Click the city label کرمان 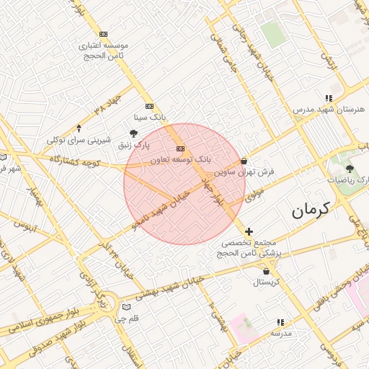click(310, 211)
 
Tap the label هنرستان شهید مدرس click(329, 109)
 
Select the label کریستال click(267, 282)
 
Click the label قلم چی click(127, 318)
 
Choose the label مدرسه click(281, 333)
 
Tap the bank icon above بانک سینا click(149, 106)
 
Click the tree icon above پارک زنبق click(133, 133)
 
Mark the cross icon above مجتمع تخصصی click(249, 231)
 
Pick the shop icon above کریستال click(267, 272)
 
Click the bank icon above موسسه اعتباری click(104, 34)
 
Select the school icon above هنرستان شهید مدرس click(329, 98)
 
